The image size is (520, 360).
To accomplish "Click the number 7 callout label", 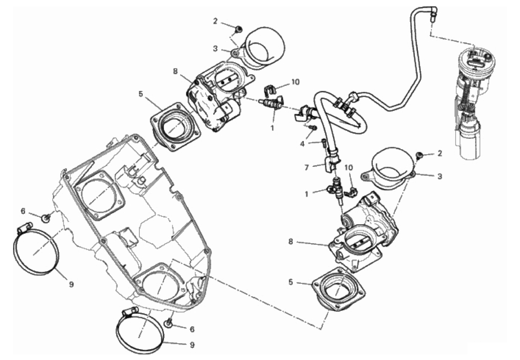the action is (307, 167).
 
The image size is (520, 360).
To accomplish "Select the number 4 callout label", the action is (302, 144).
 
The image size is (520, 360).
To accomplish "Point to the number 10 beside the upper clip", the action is (295, 82).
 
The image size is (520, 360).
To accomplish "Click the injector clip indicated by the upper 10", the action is (270, 90).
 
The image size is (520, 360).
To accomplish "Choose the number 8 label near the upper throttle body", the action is (175, 71).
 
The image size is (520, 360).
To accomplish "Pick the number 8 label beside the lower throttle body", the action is (290, 242).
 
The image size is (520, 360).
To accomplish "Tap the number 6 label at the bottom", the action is (192, 329).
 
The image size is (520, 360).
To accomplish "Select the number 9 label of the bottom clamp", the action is (192, 345).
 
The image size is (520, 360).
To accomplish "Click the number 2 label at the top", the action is (215, 21).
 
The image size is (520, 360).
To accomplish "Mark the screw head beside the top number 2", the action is (238, 29).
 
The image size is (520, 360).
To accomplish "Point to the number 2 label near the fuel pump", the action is (440, 153).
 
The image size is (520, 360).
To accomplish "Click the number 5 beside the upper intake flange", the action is (140, 94).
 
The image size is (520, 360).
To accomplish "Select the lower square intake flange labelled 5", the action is (338, 289).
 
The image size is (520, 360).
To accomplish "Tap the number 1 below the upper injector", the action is (272, 128).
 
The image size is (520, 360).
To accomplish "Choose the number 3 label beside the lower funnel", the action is (440, 176).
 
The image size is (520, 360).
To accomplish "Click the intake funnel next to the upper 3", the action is (259, 49).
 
